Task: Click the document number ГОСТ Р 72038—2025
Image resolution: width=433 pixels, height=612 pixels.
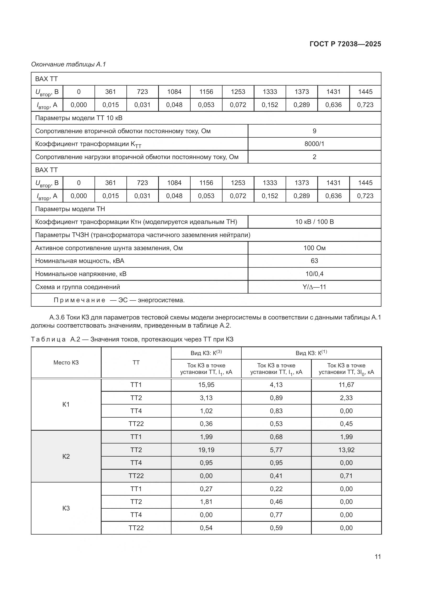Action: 345,44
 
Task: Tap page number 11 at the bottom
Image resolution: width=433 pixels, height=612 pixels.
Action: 378,557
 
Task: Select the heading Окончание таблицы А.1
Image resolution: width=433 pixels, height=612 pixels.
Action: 69,64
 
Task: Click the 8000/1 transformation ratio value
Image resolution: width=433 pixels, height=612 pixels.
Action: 314,144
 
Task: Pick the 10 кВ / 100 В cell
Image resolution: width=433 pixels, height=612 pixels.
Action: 314,222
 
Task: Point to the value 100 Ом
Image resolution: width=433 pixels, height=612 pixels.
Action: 314,248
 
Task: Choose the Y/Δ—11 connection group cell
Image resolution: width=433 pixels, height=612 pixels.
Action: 314,287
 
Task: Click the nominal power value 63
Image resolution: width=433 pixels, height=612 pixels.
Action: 314,261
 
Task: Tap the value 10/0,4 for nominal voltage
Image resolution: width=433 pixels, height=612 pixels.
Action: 314,274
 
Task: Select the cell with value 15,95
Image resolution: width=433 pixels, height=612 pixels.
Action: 206,385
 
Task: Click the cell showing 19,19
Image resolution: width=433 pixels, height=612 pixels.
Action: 206,450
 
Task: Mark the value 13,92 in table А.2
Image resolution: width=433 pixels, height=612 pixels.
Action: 346,450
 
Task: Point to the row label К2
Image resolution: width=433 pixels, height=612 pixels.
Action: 66,456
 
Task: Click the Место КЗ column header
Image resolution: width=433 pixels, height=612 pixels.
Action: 66,362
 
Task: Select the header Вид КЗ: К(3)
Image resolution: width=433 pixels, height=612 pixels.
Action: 206,353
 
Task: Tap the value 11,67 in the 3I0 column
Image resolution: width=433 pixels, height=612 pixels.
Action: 346,385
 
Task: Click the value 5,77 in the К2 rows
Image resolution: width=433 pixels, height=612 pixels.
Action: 276,450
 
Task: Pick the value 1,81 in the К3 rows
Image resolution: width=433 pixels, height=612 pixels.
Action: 206,502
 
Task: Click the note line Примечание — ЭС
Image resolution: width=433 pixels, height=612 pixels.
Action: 119,300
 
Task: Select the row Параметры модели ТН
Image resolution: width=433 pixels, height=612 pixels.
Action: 70,209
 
